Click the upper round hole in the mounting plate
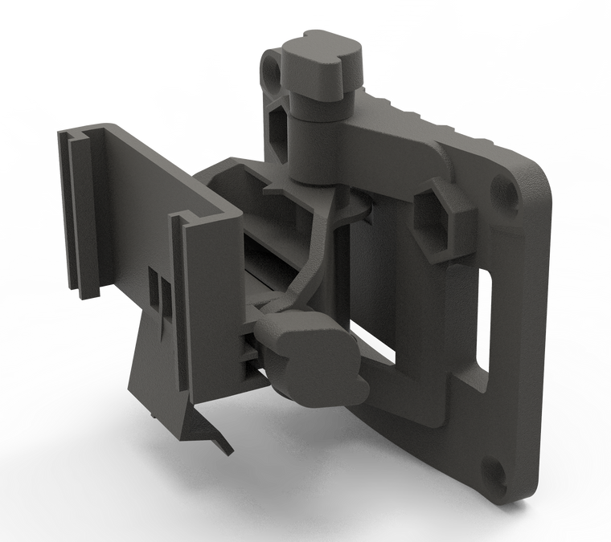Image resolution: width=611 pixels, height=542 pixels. tap(507, 191)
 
